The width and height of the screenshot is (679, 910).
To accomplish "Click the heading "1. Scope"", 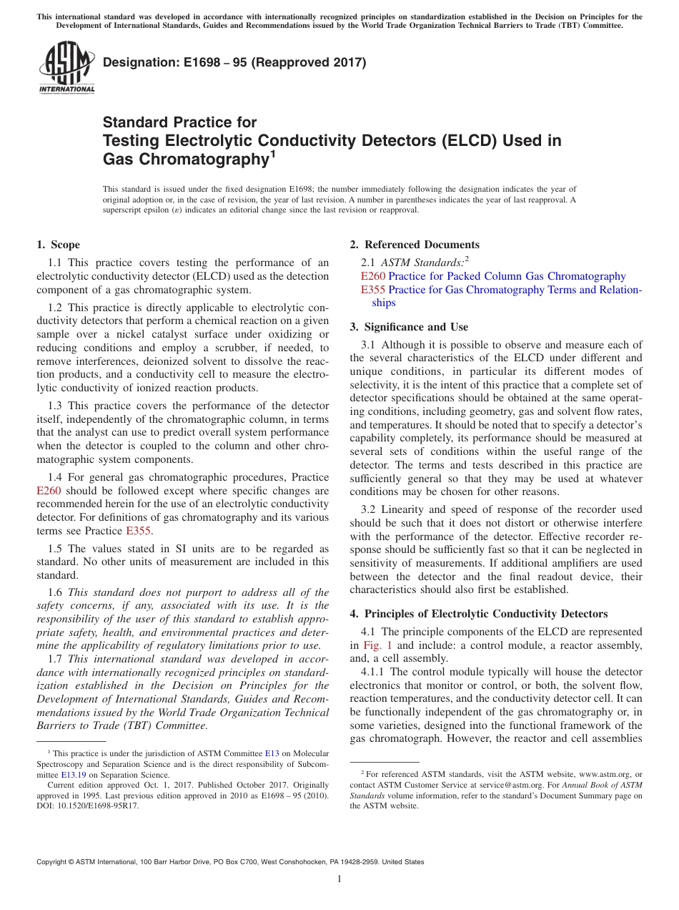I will [59, 245].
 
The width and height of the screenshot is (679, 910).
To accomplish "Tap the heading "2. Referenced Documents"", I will [415, 245].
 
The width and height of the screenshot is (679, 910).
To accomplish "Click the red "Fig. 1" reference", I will [379, 645].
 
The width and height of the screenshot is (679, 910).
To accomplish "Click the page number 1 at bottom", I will [339, 879].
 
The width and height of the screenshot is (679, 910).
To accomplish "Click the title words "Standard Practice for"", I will [179, 122].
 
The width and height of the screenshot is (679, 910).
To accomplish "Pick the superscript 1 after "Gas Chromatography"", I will [272, 154].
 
